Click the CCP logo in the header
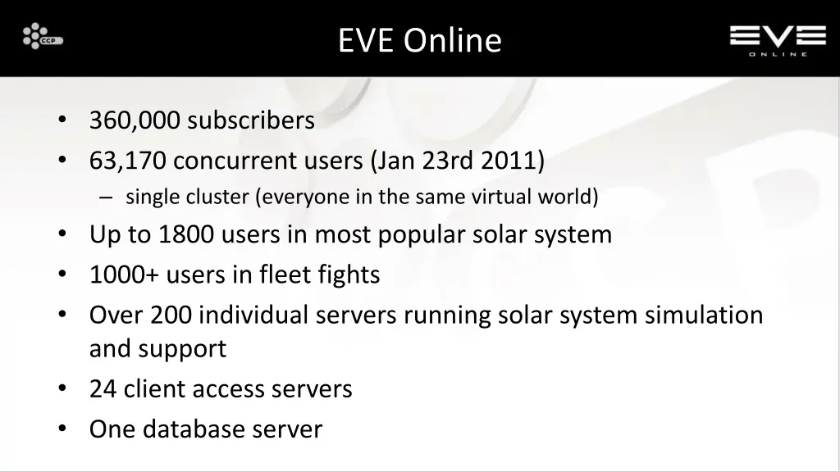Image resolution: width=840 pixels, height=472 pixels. click(43, 37)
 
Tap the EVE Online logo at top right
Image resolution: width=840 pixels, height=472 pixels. click(778, 40)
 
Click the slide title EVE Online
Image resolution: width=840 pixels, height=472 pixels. click(419, 39)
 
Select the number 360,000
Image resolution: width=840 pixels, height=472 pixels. click(135, 120)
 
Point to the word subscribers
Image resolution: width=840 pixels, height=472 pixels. click(250, 120)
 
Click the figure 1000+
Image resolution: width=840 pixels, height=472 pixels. click(125, 274)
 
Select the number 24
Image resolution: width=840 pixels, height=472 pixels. click(103, 388)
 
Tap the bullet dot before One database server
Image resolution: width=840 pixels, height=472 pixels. click(62, 429)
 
